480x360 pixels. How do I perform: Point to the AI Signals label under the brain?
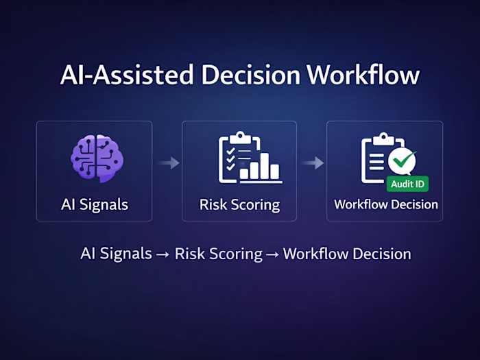[x=94, y=204]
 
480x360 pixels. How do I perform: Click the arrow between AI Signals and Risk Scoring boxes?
[x=168, y=163]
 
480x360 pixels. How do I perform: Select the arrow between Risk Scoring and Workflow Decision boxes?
[x=313, y=163]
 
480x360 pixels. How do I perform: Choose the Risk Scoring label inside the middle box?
[x=239, y=204]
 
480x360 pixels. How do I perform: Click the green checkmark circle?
[x=402, y=162]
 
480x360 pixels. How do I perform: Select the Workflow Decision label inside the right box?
[x=385, y=204]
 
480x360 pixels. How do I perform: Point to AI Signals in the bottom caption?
[x=116, y=254]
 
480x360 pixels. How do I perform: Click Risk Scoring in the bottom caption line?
[x=218, y=254]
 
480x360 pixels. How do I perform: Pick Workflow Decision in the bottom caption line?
[x=347, y=254]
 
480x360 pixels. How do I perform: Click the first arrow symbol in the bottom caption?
[x=163, y=254]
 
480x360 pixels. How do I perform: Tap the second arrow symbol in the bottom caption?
[x=272, y=254]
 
